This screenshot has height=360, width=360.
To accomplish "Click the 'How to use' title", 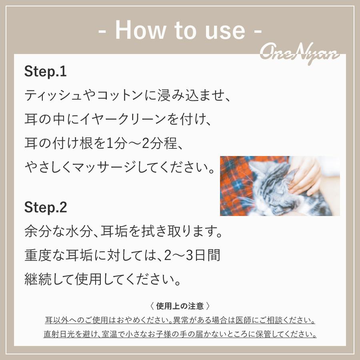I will pyautogui.click(x=180, y=30).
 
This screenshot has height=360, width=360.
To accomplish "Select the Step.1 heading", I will pyautogui.click(x=45, y=72).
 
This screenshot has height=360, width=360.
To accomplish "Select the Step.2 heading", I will pyautogui.click(x=46, y=207).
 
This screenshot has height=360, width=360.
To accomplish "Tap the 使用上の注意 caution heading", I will pyautogui.click(x=180, y=306).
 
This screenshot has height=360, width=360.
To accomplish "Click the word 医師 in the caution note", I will pyautogui.click(x=248, y=320).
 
